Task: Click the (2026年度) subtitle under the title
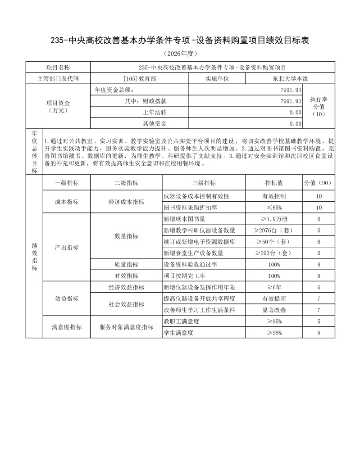coord(180,54)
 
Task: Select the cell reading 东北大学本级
coord(290,79)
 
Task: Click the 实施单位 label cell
coord(217,79)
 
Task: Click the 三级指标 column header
coord(204,183)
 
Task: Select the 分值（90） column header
coord(318,183)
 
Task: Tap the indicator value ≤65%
coord(274,208)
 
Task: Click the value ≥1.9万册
coord(274,219)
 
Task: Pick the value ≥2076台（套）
coord(274,231)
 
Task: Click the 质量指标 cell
coord(126,265)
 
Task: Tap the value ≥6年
coord(274,287)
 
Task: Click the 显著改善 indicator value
coord(274,310)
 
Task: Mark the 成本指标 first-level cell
coord(67,202)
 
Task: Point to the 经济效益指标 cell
coord(126,287)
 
